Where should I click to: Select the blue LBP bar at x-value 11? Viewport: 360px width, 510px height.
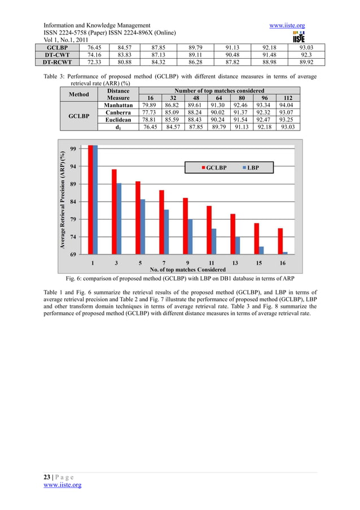(214, 241)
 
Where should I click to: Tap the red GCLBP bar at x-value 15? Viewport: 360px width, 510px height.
(256, 238)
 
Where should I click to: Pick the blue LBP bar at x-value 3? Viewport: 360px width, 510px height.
(119, 219)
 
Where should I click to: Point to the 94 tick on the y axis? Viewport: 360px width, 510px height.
(73, 167)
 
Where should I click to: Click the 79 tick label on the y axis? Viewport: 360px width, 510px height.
(73, 219)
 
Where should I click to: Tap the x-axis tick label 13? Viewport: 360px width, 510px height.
(235, 263)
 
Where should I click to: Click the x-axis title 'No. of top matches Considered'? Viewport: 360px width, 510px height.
(187, 270)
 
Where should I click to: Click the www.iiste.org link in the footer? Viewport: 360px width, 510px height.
(63, 485)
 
